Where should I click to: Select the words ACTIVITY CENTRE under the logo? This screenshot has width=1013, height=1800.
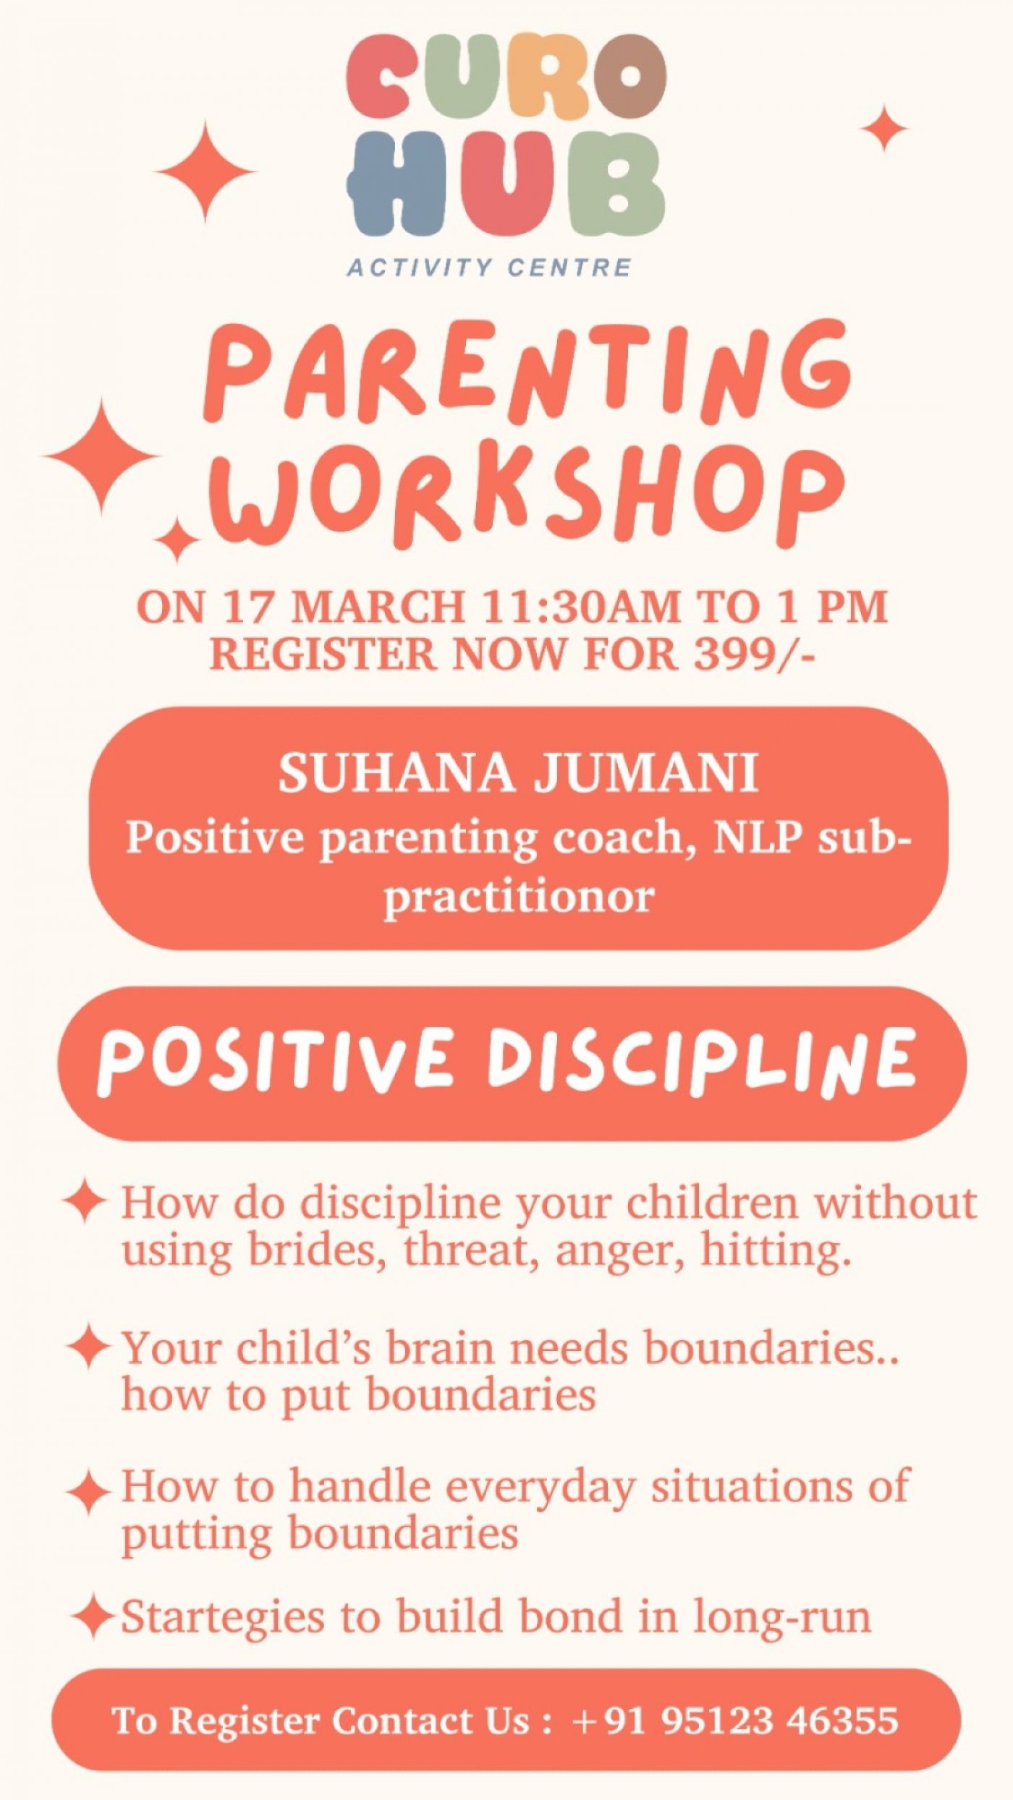(489, 268)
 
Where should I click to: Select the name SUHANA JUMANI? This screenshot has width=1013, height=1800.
(518, 773)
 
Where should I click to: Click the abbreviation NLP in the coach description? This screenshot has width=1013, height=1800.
(758, 837)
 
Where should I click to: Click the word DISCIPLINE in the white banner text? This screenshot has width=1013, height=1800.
(700, 1059)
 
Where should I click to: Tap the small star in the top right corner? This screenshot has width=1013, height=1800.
(884, 128)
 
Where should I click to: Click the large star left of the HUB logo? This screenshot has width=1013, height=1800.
(205, 172)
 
